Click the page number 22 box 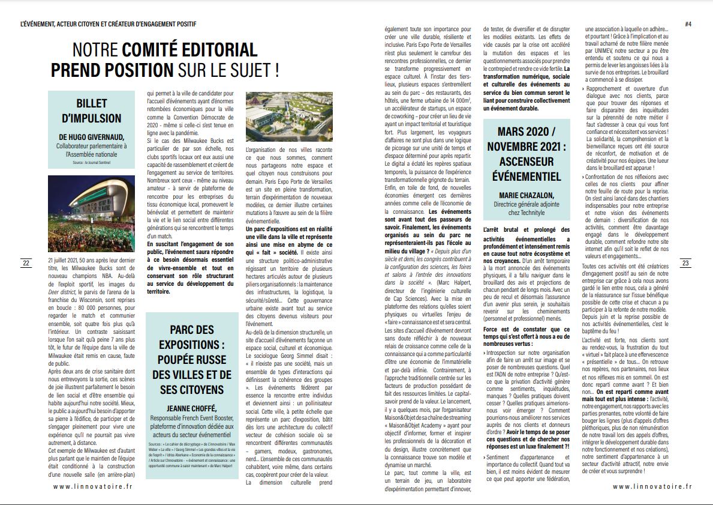point(26,263)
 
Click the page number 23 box point(687,263)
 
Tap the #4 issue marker point(688,24)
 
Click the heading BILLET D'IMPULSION point(91,110)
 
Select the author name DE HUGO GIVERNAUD point(91,137)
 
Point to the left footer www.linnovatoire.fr point(92,487)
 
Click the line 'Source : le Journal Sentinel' point(91,163)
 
